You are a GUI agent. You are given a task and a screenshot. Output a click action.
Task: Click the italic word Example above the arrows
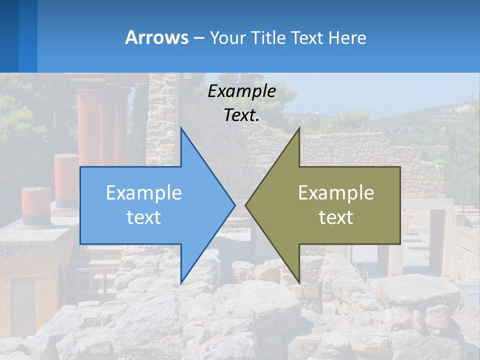(242, 91)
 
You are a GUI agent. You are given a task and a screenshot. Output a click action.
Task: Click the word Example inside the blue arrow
(144, 193)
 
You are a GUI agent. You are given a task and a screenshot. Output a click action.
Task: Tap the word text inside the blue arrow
(144, 217)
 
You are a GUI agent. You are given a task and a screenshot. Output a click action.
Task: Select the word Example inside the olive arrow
(336, 193)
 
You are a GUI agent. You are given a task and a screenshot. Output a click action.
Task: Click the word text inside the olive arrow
(336, 217)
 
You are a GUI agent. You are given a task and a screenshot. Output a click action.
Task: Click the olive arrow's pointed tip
(246, 205)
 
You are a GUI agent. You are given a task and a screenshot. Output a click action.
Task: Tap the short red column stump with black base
(36, 206)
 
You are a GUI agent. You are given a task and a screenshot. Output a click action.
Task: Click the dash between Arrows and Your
(198, 38)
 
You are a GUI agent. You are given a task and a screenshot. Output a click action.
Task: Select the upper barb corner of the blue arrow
(181, 128)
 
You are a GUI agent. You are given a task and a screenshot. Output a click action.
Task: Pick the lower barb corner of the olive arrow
(299, 282)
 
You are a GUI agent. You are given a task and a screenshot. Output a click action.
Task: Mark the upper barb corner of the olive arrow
(299, 128)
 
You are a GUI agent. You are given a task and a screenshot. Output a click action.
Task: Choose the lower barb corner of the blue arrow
(181, 282)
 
